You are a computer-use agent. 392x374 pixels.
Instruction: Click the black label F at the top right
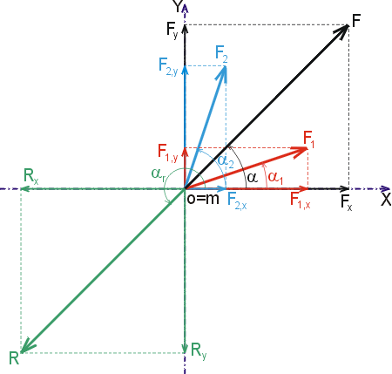356,20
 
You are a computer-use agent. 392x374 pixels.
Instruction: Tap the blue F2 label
221,54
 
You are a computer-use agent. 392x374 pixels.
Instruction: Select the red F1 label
308,139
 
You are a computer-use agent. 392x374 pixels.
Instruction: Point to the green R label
14,357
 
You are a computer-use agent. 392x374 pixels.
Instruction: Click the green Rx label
30,176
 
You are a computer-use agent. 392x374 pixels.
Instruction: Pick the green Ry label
199,350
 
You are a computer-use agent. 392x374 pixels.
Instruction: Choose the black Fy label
172,30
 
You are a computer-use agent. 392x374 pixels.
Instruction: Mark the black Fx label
347,202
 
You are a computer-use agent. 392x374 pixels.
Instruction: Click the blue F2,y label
168,66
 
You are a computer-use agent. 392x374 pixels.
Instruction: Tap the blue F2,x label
237,201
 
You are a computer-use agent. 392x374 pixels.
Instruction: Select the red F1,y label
167,153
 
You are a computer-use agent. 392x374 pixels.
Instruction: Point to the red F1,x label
301,201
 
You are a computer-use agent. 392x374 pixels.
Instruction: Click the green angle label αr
159,174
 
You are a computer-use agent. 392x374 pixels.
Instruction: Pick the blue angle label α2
226,161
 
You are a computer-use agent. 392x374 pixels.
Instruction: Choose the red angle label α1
275,178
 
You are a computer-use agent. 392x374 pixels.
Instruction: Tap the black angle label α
252,177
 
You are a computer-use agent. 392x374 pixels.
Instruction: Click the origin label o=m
203,199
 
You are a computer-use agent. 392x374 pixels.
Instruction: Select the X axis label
386,200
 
